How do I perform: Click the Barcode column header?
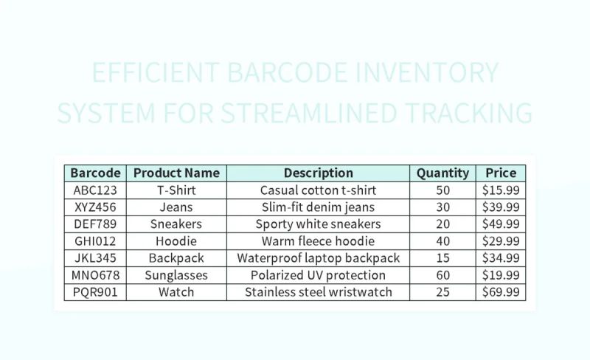point(95,173)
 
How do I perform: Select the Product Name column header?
point(176,173)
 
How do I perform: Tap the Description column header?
point(318,173)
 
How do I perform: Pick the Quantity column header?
point(442,173)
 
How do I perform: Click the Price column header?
point(501,173)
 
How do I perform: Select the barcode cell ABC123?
point(95,190)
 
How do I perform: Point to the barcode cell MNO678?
point(95,275)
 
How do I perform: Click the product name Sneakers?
point(176,224)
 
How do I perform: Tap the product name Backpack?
point(176,258)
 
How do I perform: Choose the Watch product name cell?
point(176,292)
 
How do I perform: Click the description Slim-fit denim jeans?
point(318,207)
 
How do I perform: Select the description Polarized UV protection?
point(318,275)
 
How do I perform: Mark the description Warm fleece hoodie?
point(318,241)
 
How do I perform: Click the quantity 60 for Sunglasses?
point(442,275)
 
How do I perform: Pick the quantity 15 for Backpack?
point(442,258)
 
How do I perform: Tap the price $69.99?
point(501,292)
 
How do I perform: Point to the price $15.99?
point(501,190)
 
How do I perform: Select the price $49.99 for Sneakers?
point(501,224)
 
